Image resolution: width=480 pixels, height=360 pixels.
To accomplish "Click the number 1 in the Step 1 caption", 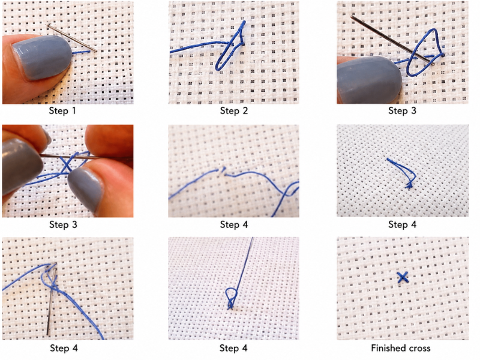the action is (73, 110).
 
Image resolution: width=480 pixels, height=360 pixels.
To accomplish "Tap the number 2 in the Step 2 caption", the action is (245, 110).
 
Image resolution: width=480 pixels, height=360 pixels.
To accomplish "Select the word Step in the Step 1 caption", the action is (58, 111).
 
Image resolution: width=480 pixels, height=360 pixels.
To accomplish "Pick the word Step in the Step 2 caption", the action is (230, 111).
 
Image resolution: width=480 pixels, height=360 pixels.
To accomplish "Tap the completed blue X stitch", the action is (403, 277).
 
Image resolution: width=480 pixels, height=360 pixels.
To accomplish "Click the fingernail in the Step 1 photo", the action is (42, 58).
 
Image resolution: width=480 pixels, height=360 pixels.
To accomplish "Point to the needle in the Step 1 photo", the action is (72, 38).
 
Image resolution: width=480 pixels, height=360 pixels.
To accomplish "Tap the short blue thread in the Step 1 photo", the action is (81, 53).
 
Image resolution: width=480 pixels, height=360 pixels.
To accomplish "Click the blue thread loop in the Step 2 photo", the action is (230, 46).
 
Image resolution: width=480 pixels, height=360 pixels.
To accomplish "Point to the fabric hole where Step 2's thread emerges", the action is (243, 44).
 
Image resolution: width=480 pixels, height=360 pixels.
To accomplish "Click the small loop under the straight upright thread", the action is (231, 296).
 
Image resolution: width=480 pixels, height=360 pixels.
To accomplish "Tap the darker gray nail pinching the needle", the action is (22, 167).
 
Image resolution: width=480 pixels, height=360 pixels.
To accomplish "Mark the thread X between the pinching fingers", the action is (67, 164).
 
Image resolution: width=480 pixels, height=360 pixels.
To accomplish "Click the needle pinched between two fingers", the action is (86, 157).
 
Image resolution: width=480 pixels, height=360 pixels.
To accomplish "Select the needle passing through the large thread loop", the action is (392, 40).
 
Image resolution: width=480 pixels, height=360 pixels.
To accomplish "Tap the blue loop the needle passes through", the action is (425, 53).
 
